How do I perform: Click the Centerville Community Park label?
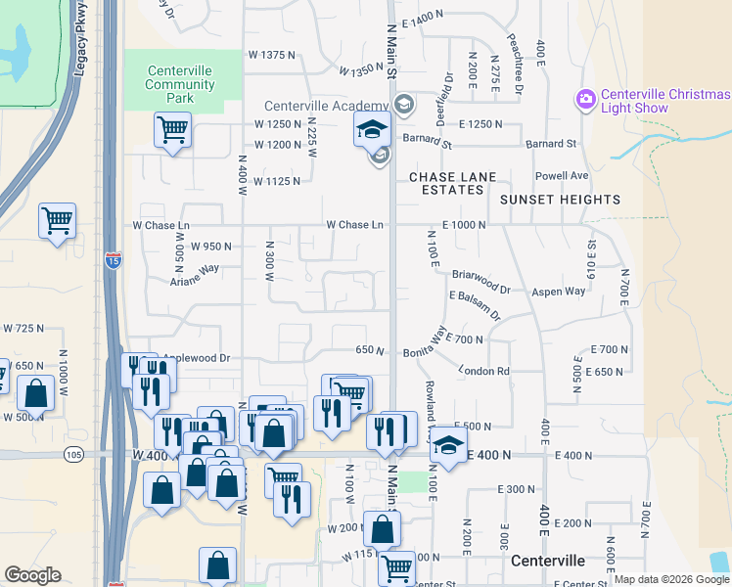(x=180, y=84)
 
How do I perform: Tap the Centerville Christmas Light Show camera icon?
(x=586, y=99)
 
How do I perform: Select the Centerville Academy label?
(x=327, y=106)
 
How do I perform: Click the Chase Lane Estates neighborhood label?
(x=452, y=183)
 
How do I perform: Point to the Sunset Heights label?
(x=560, y=200)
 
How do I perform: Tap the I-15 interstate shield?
(x=113, y=260)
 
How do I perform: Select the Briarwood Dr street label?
(x=480, y=283)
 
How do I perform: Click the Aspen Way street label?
(x=558, y=292)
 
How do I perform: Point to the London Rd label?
(x=484, y=371)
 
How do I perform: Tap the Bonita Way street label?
(x=429, y=343)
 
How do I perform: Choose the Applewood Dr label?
(x=196, y=359)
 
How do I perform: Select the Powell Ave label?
(x=561, y=176)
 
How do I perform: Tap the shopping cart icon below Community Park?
(x=173, y=129)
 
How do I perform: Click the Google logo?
(x=33, y=575)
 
